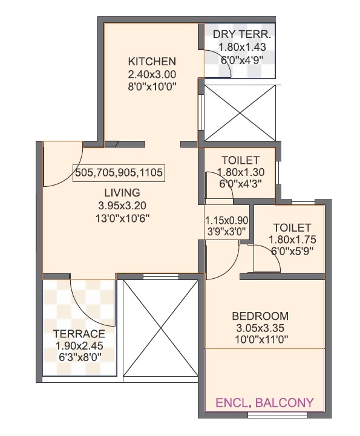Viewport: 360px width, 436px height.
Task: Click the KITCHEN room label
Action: point(152,61)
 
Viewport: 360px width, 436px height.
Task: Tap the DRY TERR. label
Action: point(241,34)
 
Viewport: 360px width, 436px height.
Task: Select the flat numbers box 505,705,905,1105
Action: point(119,173)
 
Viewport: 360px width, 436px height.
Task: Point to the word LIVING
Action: point(122,192)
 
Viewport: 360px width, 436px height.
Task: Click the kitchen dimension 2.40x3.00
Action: point(152,74)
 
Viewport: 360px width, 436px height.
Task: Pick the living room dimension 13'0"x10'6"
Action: point(122,218)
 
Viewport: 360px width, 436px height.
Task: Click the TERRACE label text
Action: point(79,333)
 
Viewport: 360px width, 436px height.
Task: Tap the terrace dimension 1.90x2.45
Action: point(79,346)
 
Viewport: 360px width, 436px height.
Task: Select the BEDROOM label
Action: point(260,316)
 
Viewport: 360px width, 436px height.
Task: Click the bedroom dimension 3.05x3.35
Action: point(260,328)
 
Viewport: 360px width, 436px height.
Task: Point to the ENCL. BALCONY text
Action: point(264,403)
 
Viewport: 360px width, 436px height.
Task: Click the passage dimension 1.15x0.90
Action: point(226,221)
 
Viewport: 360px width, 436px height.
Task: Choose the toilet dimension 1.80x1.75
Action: point(292,239)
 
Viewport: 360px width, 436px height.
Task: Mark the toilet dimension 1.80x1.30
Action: point(240,172)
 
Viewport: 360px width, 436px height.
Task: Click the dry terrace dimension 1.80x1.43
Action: point(242,47)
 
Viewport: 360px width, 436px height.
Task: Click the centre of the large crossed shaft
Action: point(160,328)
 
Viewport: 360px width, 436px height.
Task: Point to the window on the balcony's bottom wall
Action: point(277,415)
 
